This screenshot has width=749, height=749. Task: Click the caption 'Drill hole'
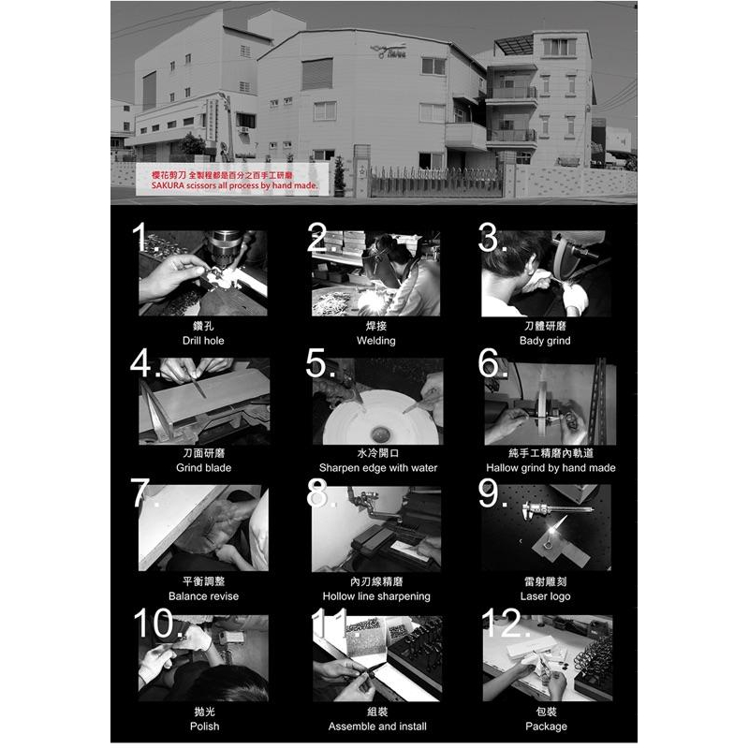coord(203,341)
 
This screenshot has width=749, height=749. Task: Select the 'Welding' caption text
coord(376,341)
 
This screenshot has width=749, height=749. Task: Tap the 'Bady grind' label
coord(545,341)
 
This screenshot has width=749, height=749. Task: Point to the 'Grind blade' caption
coord(203,467)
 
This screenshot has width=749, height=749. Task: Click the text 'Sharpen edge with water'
coord(377,467)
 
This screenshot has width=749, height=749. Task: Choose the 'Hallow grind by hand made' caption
coord(551,467)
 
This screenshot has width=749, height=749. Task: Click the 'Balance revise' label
coord(203,595)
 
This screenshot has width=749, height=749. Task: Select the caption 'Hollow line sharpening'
coord(376,595)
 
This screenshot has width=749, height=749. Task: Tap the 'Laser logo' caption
coord(545,595)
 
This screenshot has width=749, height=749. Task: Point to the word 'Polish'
coord(204,726)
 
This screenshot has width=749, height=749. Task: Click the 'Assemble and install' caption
coord(377,726)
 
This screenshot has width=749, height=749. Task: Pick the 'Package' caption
coord(546,726)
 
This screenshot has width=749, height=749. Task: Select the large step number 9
coord(492,493)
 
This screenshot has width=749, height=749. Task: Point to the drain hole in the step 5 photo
coord(378,433)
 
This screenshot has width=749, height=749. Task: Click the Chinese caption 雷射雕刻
coord(545,581)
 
